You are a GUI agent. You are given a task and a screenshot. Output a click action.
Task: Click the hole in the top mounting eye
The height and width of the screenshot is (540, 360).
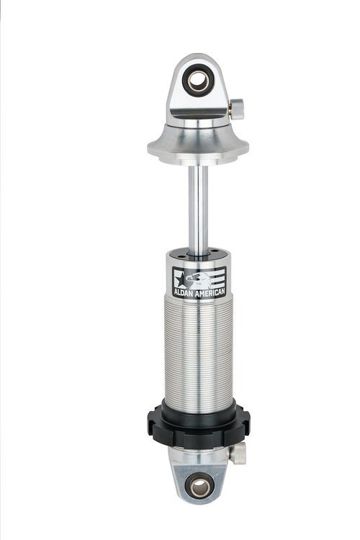(x=199, y=80)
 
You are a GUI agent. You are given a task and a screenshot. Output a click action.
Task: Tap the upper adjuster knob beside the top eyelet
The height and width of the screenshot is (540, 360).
(x=238, y=109)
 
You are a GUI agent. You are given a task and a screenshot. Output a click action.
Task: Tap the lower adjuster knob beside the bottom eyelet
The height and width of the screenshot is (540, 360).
(x=238, y=453)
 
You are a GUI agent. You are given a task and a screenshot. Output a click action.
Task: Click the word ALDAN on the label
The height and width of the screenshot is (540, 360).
(x=184, y=294)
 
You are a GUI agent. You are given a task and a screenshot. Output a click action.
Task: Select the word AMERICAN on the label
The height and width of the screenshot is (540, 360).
(x=210, y=293)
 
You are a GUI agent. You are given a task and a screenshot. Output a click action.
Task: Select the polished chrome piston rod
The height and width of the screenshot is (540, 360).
(x=198, y=210)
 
